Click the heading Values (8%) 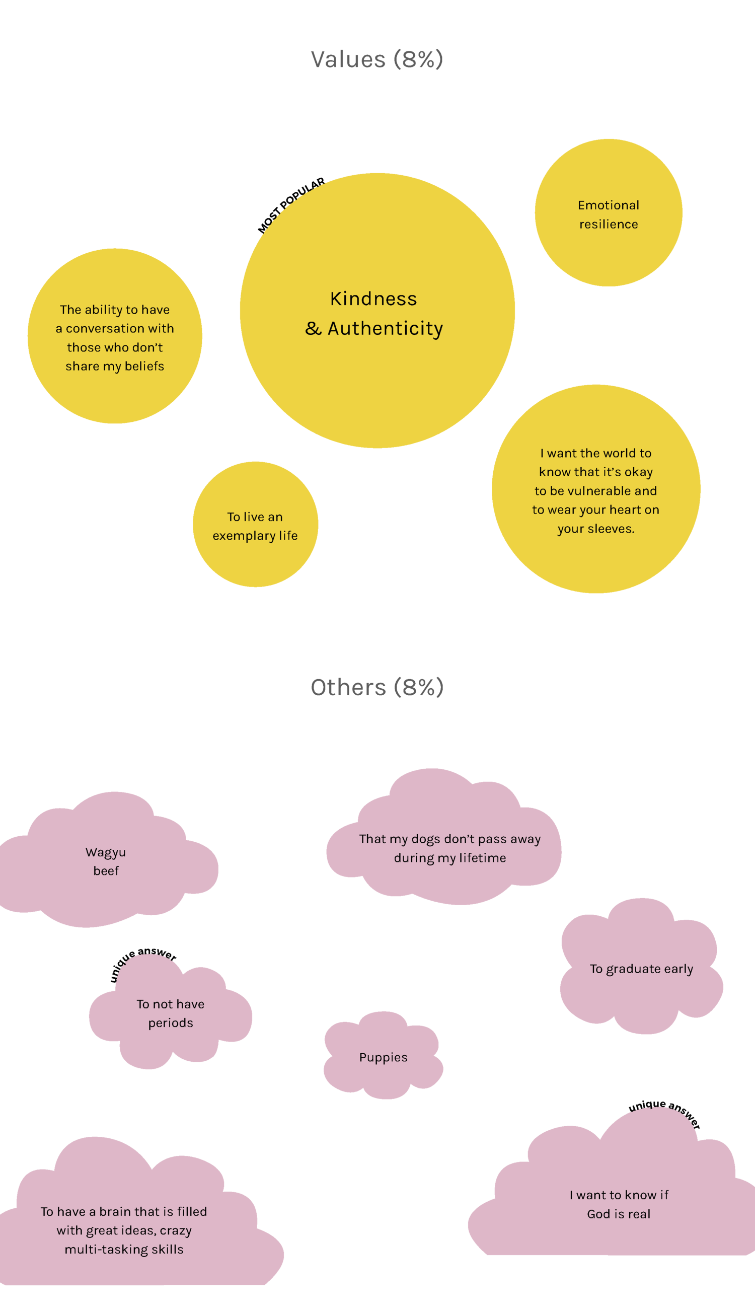376,59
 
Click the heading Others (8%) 376,688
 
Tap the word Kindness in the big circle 373,299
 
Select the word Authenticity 385,328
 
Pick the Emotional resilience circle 608,212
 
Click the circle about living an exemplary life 255,524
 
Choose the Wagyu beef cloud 106,861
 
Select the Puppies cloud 383,1057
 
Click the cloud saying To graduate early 641,969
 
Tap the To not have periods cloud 170,1013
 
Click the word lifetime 482,858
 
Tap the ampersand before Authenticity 313,328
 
